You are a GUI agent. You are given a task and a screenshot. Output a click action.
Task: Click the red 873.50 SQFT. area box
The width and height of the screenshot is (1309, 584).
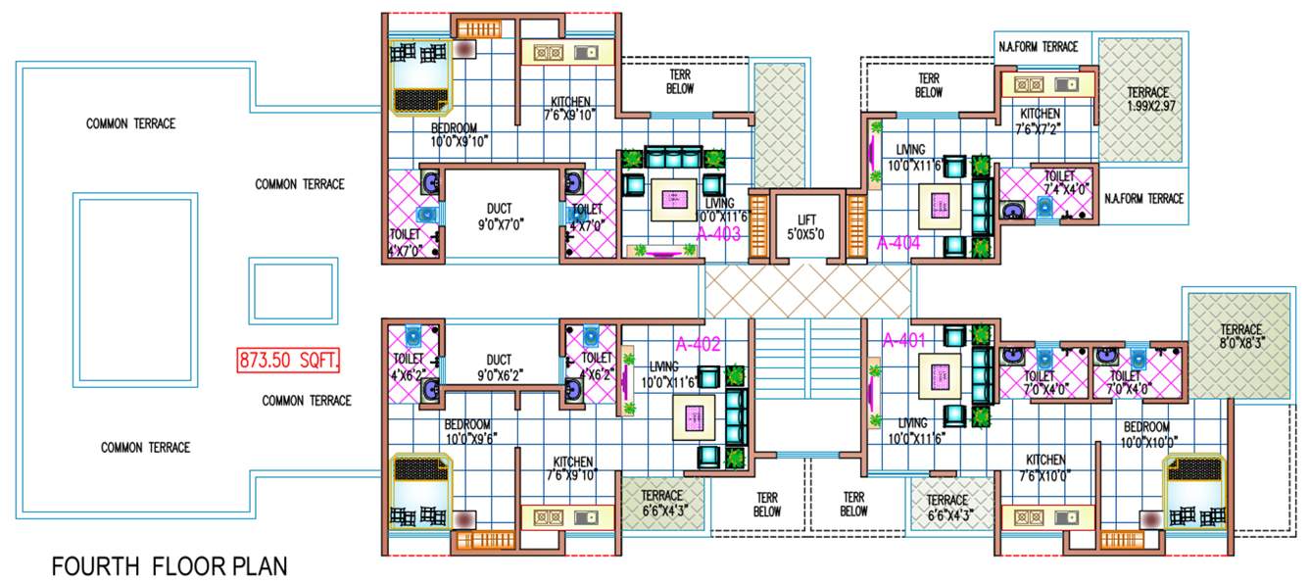[x=288, y=361]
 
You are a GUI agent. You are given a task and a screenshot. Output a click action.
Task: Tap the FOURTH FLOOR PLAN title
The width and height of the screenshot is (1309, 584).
[x=170, y=566]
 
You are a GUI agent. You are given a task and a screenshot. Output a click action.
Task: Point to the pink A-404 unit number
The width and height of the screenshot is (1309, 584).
[x=898, y=242]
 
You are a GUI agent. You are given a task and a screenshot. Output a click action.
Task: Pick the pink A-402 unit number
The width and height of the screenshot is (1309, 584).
[x=699, y=344]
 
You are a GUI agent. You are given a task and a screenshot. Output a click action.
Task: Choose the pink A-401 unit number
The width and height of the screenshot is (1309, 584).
[x=903, y=341]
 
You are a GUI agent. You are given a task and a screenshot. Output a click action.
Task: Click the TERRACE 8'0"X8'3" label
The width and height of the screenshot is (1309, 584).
[x=1240, y=337]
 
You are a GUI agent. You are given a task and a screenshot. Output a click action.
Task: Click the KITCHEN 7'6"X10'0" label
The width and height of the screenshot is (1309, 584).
[x=1045, y=467]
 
